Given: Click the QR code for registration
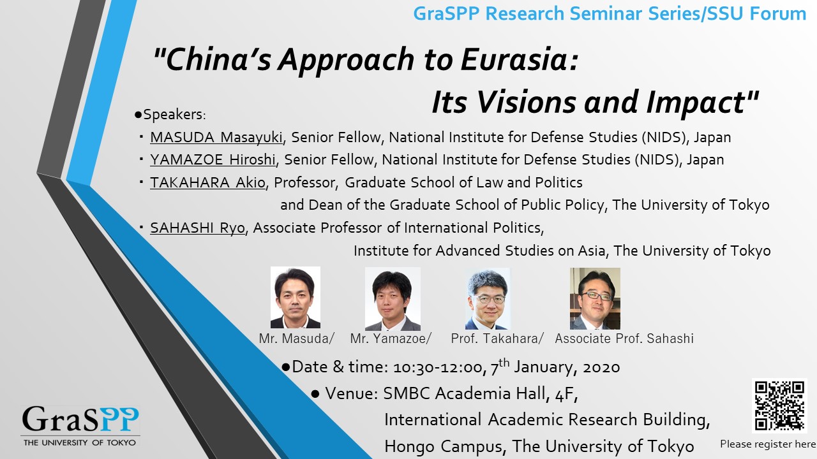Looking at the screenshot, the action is pos(779,405).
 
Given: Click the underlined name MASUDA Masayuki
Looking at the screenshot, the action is pos(216,137).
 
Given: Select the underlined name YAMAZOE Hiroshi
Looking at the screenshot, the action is pos(213,159).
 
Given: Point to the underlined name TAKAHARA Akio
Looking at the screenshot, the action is pos(207,182).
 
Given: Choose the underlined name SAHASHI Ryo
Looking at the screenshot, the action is pos(197,228).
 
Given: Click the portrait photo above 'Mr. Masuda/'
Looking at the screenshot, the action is pos(296,297).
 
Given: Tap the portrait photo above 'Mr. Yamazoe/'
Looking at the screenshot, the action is pos(393,299).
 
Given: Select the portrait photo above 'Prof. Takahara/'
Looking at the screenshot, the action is pos(488,299).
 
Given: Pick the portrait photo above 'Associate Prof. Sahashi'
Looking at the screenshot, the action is pos(595,299).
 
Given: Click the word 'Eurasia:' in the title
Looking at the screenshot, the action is pos(520,59).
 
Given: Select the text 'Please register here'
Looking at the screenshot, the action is pos(768,444).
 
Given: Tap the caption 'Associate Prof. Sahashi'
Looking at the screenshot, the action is pos(624,339).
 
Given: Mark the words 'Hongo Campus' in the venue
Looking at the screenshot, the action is pos(444,446).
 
